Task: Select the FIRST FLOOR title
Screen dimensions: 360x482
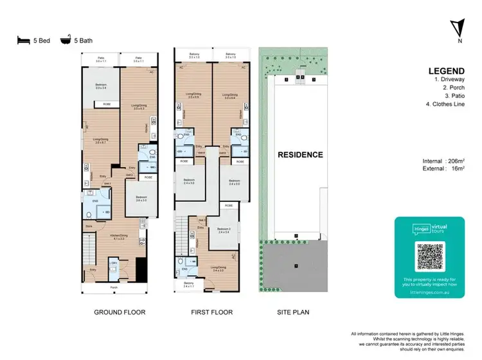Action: pyautogui.click(x=212, y=312)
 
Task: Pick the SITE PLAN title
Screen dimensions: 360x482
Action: pyautogui.click(x=292, y=312)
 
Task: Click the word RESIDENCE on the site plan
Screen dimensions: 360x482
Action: pyautogui.click(x=299, y=155)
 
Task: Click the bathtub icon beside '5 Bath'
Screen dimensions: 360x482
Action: pyautogui.click(x=65, y=40)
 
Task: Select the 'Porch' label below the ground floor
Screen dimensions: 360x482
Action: pyautogui.click(x=114, y=287)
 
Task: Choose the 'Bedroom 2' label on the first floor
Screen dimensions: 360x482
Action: pyautogui.click(x=223, y=230)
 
